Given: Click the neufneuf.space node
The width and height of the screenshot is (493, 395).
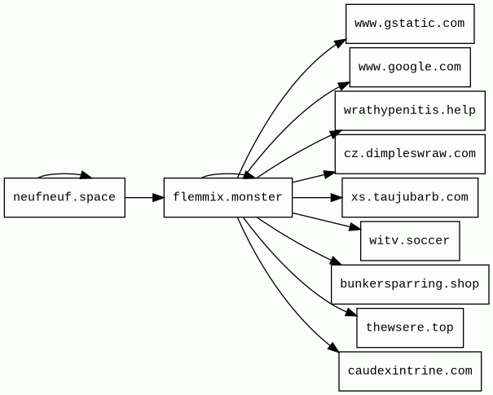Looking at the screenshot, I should click(x=64, y=197).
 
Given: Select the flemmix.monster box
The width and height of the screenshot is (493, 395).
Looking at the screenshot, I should click(x=227, y=197).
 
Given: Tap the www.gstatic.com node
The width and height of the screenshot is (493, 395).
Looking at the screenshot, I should click(x=410, y=24).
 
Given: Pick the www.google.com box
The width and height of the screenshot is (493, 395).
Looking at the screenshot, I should click(x=410, y=67).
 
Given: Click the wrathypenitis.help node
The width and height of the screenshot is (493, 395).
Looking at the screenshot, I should click(x=409, y=111).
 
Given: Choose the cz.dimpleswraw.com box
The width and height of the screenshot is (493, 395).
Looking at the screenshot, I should click(x=409, y=154).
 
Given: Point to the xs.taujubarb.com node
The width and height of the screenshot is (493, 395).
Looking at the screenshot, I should click(x=409, y=197).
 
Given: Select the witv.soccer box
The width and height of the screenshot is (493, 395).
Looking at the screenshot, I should click(x=409, y=240).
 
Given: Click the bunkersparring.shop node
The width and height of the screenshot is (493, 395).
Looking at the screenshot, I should click(x=409, y=284).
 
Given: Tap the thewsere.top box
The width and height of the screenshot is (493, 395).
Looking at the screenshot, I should click(x=409, y=327).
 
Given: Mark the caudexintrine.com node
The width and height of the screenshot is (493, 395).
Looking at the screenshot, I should click(x=409, y=371).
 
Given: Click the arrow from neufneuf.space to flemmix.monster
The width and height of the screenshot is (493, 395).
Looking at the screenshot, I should click(x=144, y=197).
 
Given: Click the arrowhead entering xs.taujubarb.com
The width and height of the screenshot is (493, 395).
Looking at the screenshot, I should click(x=336, y=197).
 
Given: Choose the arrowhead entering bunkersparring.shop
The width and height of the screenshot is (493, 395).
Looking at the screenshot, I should click(x=335, y=261).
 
